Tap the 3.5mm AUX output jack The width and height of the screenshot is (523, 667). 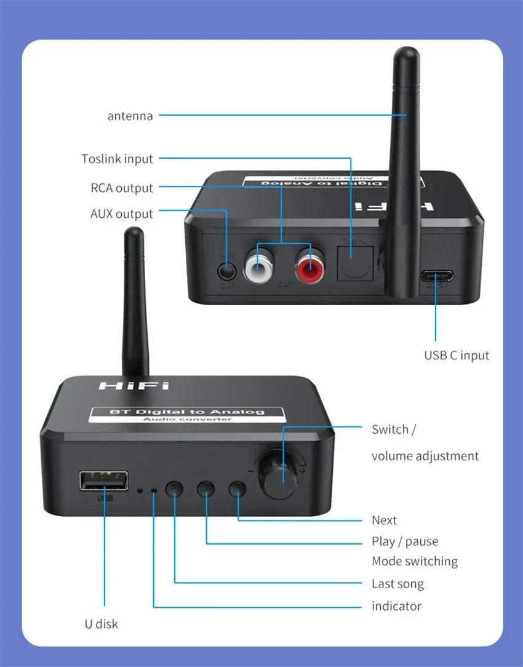(227, 269)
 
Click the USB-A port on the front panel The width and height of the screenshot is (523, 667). (103, 481)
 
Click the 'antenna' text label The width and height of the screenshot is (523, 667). (130, 116)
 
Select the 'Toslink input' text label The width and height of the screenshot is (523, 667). (117, 159)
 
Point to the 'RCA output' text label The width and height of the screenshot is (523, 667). (122, 188)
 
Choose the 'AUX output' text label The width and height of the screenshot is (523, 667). (121, 214)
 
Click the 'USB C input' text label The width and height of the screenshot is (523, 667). (457, 355)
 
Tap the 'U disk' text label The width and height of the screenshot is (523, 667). (101, 624)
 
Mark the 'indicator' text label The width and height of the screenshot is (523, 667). (396, 607)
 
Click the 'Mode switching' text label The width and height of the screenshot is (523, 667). (415, 561)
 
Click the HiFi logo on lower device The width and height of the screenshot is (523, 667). (134, 386)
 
